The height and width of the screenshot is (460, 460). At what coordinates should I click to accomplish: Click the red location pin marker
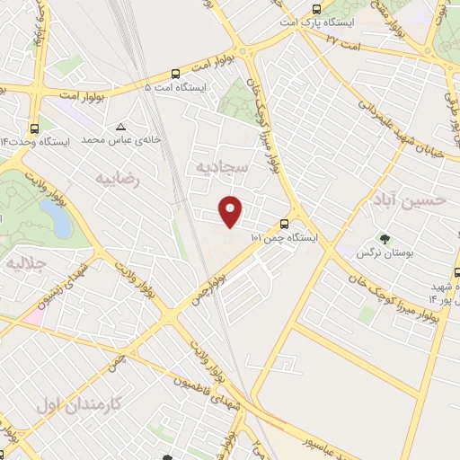coord(232,210)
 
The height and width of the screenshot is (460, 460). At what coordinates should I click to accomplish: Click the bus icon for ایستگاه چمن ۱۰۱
coord(284,223)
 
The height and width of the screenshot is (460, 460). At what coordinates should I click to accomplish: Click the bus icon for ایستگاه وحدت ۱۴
coord(34,128)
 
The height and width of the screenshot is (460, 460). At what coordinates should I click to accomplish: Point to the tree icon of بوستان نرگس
coord(385,240)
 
